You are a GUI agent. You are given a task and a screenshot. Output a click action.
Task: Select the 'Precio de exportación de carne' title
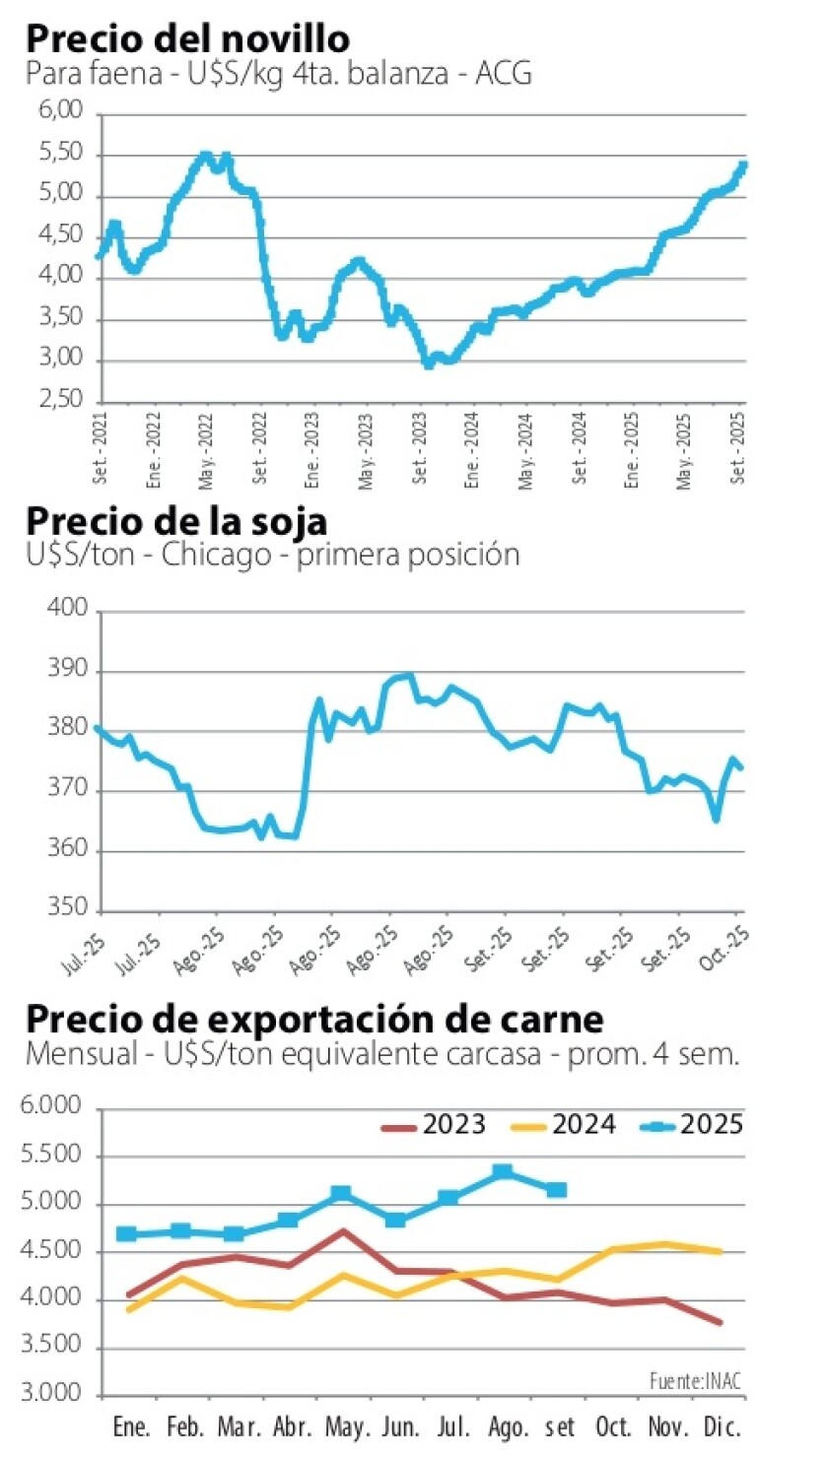[314, 1017]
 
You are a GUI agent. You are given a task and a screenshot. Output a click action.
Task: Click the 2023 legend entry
[434, 1125]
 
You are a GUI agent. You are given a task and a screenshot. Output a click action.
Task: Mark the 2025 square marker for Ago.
[503, 1171]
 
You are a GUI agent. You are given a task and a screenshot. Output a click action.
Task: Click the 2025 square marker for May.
[341, 1194]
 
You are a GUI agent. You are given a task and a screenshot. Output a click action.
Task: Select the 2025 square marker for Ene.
[126, 1234]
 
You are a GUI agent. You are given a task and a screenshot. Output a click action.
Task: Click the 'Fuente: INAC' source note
[689, 1381]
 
